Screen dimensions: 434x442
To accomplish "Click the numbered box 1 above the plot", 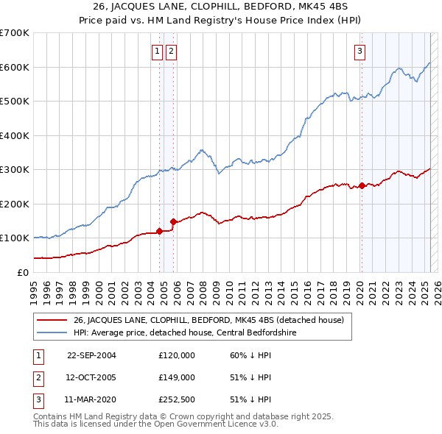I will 158,51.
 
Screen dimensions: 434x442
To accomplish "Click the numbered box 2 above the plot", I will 171,51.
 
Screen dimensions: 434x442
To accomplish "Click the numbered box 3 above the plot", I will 360,51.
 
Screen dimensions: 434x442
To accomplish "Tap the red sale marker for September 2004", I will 159,231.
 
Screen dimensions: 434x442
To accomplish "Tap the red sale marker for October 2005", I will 173,221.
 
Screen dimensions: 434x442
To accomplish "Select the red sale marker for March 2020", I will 362,185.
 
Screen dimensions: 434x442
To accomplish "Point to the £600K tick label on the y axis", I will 14,67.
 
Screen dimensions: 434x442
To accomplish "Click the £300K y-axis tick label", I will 14,169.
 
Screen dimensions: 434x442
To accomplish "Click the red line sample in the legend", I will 52,320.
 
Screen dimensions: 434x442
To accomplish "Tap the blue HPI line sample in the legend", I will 52,332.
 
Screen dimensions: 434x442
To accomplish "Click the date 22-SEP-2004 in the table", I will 91,355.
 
